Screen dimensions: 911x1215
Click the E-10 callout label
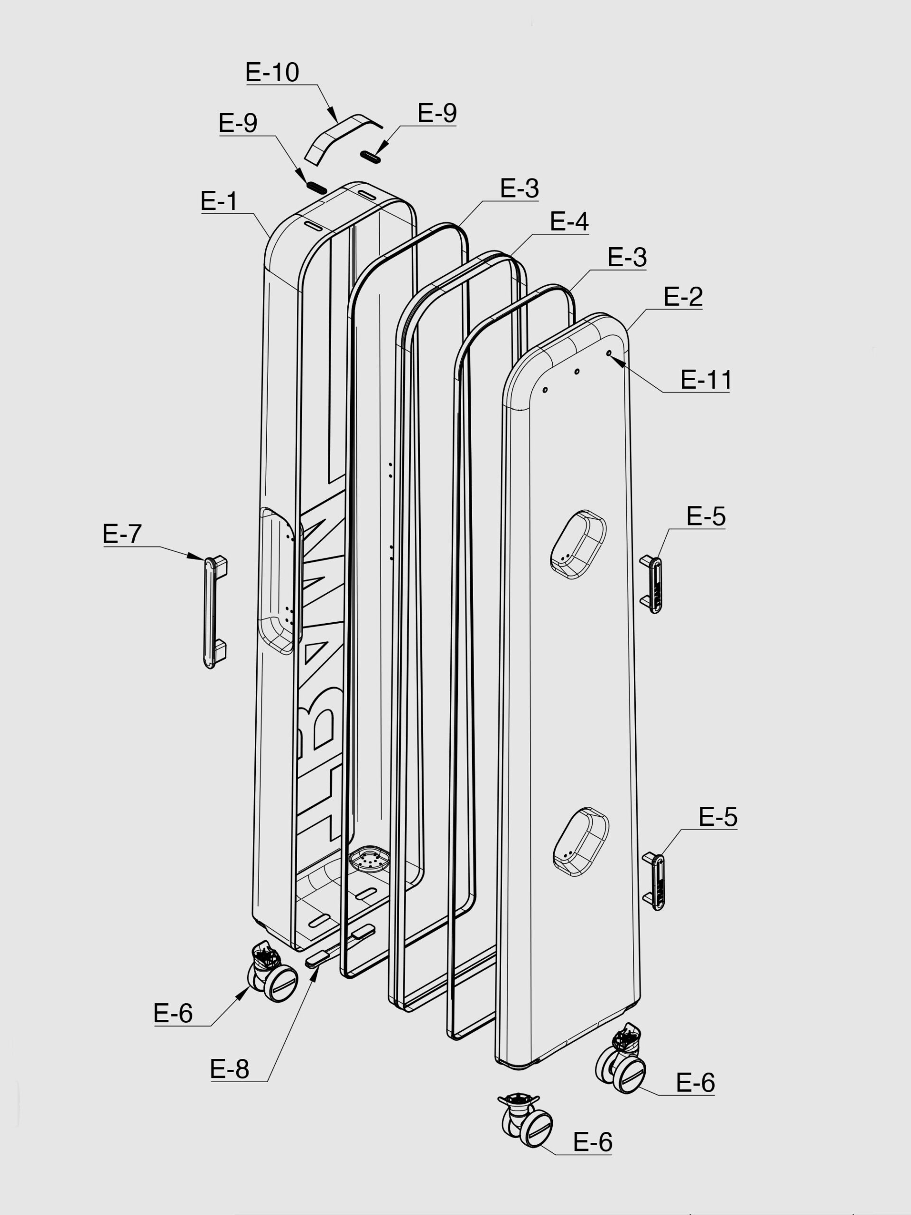tap(272, 72)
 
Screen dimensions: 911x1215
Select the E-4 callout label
tap(569, 221)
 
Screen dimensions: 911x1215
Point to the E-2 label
tap(683, 297)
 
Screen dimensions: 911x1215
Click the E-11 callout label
tap(706, 380)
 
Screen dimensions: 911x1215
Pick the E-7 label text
tap(122, 533)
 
